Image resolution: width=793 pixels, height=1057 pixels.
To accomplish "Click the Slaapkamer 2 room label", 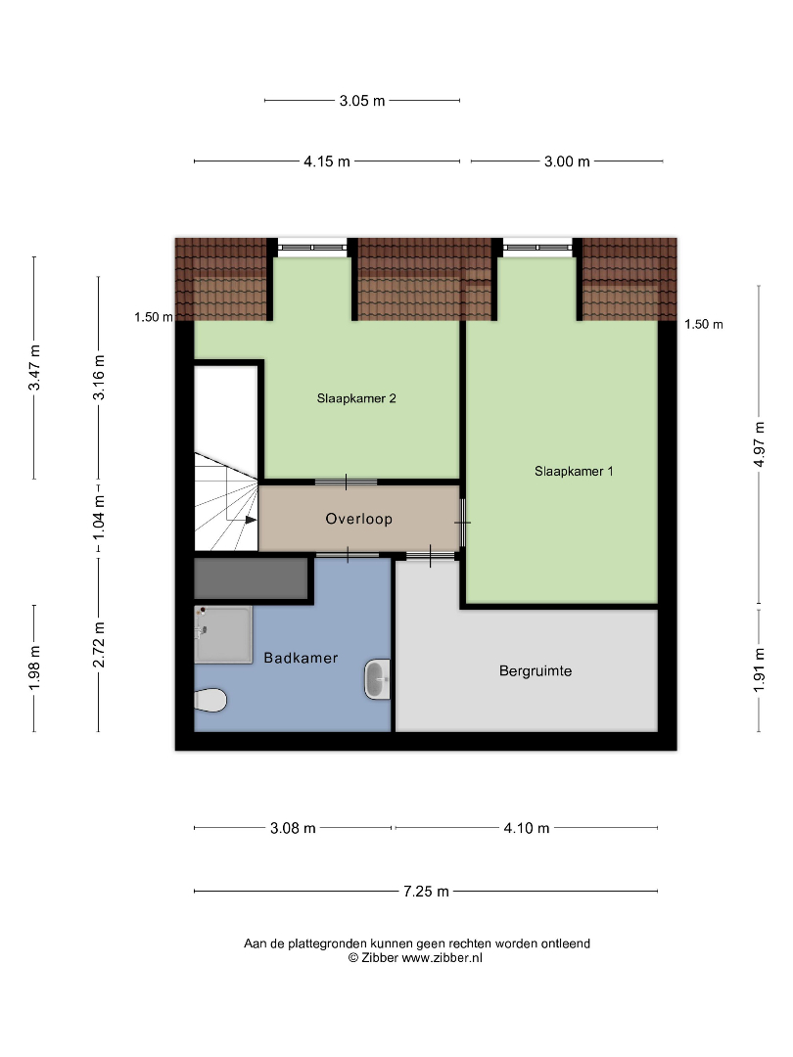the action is (x=356, y=398).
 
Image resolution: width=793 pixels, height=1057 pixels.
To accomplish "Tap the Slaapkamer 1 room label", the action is (x=574, y=471).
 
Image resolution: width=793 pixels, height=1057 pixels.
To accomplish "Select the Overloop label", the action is (x=358, y=519).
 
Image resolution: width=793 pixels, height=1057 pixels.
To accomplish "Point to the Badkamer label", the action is (x=301, y=658).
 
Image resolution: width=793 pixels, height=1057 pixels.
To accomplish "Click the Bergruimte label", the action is (x=536, y=670).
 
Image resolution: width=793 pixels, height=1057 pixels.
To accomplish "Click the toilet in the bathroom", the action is (x=210, y=700).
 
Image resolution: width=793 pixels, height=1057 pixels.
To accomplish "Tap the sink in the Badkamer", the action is (x=378, y=679).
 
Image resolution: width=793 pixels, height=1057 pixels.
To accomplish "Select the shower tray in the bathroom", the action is (x=223, y=634).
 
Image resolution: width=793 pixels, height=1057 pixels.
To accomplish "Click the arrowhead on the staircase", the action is (x=251, y=520).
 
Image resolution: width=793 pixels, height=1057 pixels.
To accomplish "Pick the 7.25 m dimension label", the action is (x=426, y=892).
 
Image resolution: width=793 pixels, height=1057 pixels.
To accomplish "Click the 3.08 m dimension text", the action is (x=293, y=828).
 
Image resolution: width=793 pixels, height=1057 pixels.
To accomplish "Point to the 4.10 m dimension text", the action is (x=527, y=828).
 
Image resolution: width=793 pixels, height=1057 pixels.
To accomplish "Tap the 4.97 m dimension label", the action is (x=760, y=444).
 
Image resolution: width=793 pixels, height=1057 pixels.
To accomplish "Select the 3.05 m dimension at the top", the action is (x=362, y=101).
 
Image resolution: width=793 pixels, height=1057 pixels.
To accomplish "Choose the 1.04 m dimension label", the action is (x=99, y=517).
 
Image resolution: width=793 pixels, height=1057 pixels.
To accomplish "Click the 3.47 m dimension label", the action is (x=34, y=367).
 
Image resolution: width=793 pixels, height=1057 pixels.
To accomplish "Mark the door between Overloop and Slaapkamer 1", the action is (x=463, y=523).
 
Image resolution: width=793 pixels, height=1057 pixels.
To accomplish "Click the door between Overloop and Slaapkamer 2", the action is (x=346, y=482).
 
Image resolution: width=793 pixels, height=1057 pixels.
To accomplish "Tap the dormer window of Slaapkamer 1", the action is (x=537, y=248).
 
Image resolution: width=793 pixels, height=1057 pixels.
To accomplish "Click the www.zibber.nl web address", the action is (x=442, y=958).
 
